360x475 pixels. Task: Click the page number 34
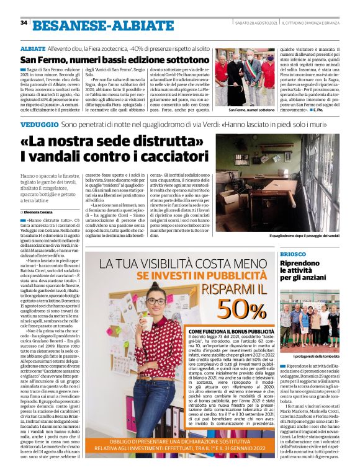pos(24,23)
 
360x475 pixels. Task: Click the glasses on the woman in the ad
pos(157,301)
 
